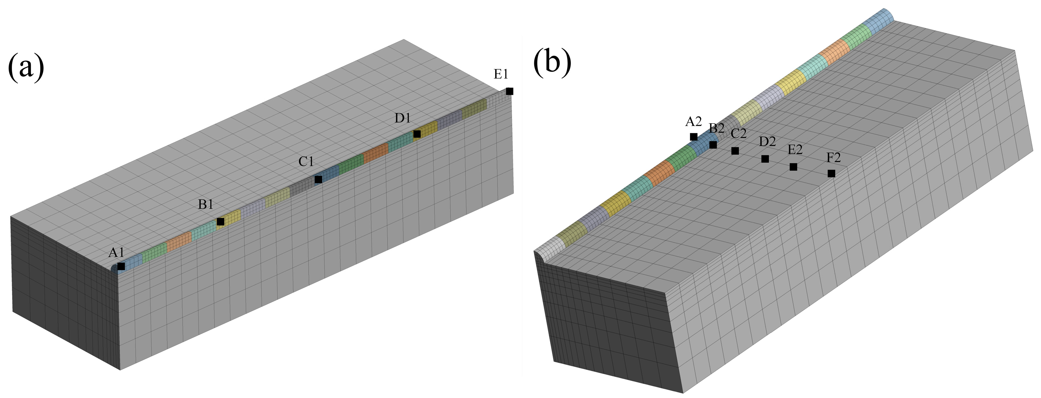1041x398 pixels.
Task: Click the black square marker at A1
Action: [x=121, y=266]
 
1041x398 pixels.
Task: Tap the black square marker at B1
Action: [x=221, y=222]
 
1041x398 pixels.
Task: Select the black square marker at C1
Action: [x=319, y=179]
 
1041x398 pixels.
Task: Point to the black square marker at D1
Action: [x=417, y=134]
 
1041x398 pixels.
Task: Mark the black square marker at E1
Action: [x=510, y=91]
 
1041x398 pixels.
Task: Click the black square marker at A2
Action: [x=693, y=137]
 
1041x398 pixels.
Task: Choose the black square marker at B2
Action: [x=713, y=145]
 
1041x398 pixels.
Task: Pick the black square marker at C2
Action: [x=735, y=151]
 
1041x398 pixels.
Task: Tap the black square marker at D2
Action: [x=765, y=159]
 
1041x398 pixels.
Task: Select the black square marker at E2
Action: [x=793, y=167]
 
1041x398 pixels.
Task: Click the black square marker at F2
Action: [x=831, y=173]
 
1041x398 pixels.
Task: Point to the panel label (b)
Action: [x=552, y=63]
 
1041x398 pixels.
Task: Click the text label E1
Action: [x=501, y=74]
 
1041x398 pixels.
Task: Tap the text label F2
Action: [x=833, y=157]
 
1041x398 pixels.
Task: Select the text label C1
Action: [x=306, y=162]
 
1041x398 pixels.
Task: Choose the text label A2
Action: [x=693, y=121]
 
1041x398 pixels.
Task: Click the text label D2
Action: [x=767, y=142]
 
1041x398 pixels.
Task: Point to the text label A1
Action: [x=117, y=253]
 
